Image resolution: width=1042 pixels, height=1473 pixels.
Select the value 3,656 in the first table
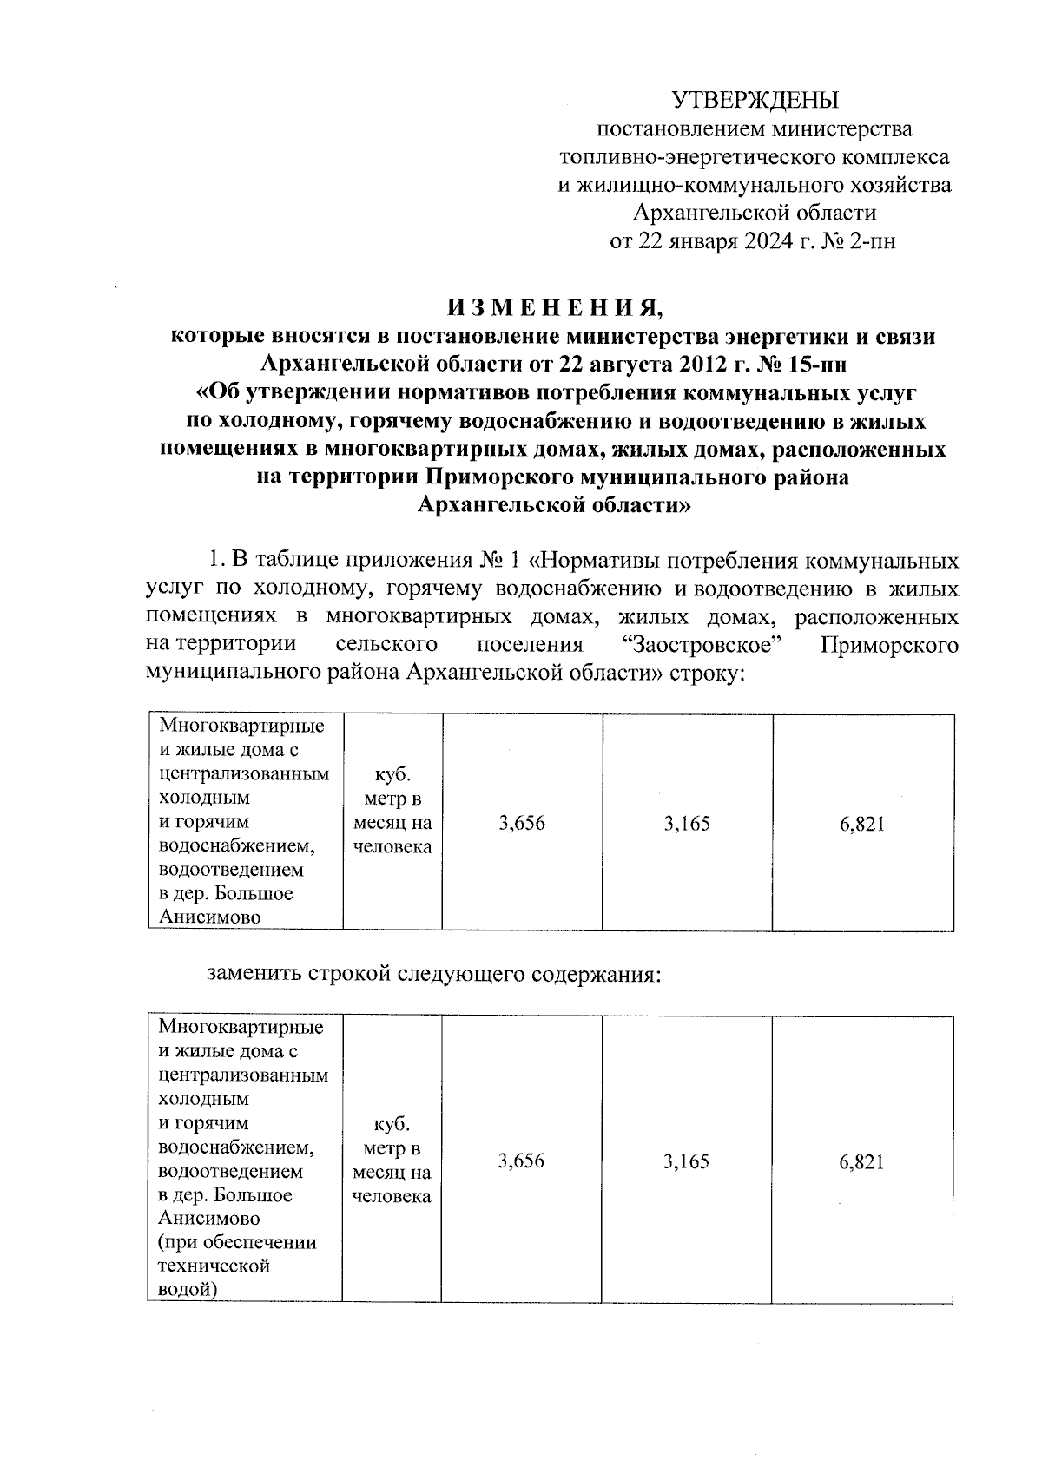point(522,823)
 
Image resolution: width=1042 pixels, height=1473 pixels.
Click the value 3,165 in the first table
point(686,823)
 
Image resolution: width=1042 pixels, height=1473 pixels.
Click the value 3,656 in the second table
point(521,1161)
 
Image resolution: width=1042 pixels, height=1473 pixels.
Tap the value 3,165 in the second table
point(686,1161)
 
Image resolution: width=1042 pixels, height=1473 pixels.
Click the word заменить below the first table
point(253,974)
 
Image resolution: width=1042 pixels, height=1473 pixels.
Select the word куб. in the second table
point(391,1124)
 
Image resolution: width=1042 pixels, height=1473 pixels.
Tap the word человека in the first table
point(392,846)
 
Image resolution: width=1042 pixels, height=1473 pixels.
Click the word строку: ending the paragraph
point(708,674)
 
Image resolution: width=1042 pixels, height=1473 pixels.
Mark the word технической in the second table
point(214,1266)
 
